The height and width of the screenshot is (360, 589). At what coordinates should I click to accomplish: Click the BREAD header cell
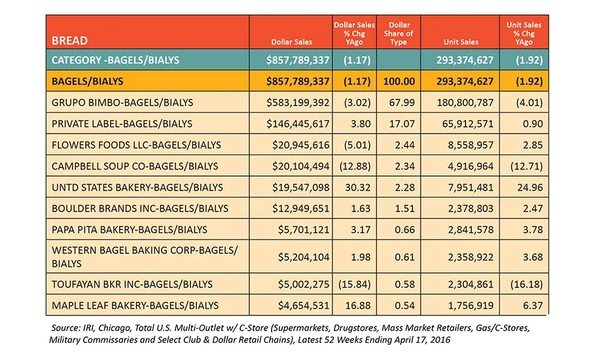point(69,41)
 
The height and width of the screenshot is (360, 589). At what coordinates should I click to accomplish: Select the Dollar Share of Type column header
point(399,33)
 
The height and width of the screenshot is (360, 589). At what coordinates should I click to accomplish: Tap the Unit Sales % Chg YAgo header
point(524,33)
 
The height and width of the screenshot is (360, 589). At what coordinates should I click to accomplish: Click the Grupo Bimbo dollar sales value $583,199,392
point(298,103)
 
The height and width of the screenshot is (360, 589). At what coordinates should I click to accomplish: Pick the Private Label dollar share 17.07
point(402,124)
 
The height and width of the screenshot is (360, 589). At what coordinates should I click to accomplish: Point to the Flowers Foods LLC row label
point(136,145)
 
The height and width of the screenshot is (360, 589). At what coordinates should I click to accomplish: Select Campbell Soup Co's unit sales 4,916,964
point(471,166)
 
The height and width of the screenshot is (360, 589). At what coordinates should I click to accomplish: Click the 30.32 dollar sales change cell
point(357,187)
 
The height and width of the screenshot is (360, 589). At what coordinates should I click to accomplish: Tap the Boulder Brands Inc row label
point(140,209)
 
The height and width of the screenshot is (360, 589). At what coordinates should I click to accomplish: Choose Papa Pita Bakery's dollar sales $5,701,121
point(304,230)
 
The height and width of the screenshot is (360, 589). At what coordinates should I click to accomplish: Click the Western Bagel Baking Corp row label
point(145,257)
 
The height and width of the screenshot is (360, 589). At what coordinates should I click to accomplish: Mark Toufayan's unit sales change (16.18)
point(526,284)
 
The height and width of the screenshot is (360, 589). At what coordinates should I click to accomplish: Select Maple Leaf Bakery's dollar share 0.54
point(405,306)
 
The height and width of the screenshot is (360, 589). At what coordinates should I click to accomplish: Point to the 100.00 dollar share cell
point(399,82)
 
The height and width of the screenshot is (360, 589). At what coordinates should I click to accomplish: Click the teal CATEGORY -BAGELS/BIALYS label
point(115,60)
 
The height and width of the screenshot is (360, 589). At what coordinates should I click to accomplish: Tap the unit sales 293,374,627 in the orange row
point(465,82)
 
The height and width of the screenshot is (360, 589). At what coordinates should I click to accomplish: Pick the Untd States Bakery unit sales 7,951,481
point(471,187)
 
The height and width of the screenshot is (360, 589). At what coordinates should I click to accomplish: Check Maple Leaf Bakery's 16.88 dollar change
point(357,306)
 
